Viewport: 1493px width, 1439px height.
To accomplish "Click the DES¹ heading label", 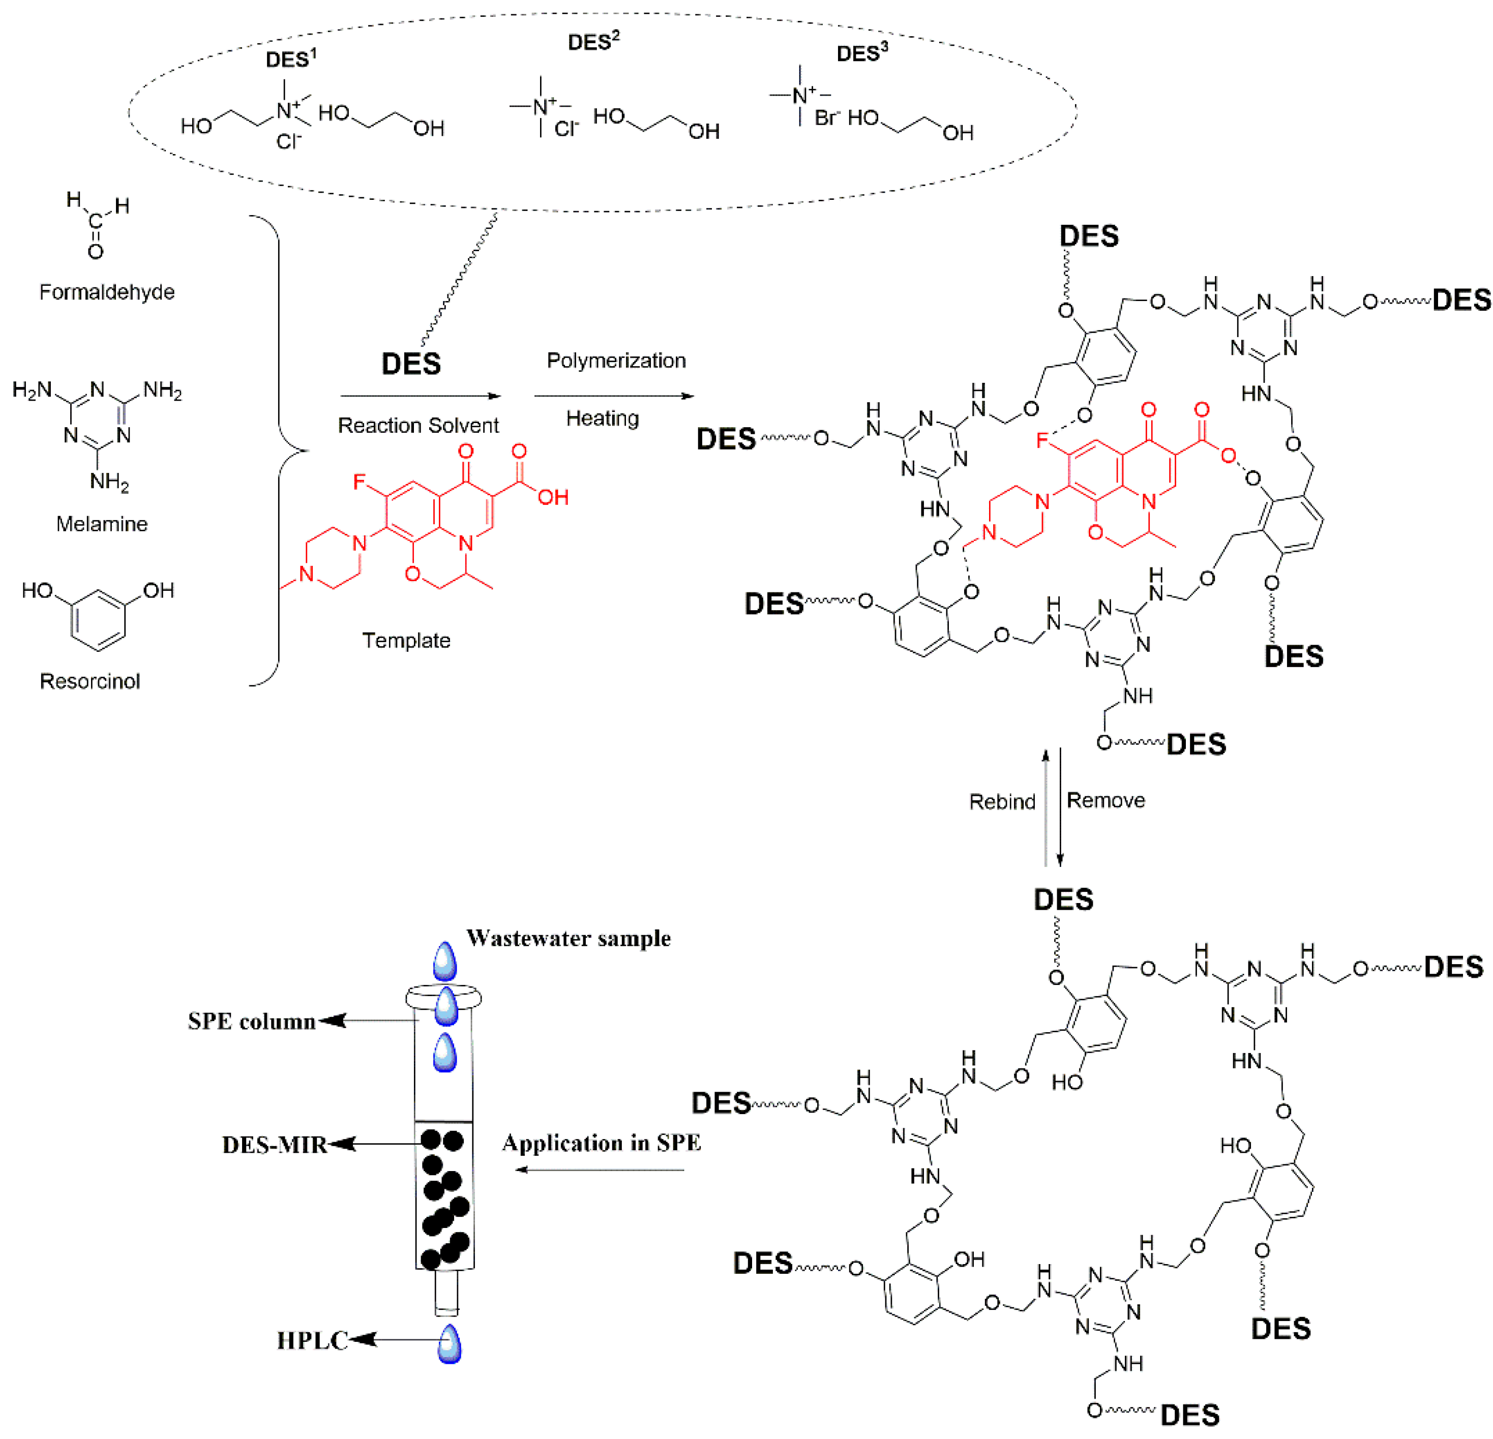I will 290,58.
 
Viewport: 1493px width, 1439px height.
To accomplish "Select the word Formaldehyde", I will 107,292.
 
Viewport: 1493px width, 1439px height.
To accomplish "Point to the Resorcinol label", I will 90,681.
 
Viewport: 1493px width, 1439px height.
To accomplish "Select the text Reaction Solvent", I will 417,425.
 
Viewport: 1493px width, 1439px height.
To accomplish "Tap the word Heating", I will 602,418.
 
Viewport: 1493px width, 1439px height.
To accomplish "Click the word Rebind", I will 1002,801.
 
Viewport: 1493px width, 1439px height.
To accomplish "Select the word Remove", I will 1106,800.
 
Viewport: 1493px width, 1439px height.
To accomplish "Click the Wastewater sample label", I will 568,938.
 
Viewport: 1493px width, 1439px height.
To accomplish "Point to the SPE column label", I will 251,1022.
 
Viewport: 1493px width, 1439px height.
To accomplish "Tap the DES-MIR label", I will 274,1145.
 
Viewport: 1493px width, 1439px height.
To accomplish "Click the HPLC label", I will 312,1341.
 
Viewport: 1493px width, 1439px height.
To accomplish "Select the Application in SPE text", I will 601,1143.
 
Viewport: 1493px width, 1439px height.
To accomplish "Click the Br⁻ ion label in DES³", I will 826,118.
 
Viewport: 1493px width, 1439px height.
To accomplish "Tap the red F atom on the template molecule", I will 360,482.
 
